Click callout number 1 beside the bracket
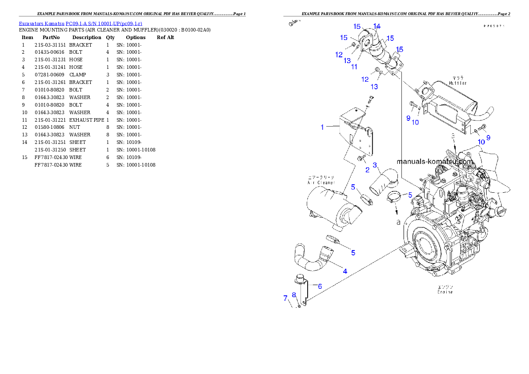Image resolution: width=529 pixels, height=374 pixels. [322, 127]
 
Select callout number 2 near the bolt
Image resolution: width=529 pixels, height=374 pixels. [367, 169]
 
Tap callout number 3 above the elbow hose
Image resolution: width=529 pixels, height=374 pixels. [375, 165]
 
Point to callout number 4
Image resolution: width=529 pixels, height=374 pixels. [345, 271]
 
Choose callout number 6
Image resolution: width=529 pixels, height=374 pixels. [319, 286]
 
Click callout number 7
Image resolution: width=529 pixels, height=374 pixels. [285, 298]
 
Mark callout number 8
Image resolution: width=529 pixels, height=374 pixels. [294, 295]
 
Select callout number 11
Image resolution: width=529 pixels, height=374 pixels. [354, 67]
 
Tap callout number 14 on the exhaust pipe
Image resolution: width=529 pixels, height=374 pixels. [377, 26]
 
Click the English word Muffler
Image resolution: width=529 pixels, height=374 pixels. [457, 83]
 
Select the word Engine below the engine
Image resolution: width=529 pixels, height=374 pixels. [445, 292]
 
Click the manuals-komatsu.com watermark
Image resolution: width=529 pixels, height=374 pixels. [435, 162]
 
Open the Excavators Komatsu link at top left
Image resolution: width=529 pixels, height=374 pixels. [80, 23]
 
